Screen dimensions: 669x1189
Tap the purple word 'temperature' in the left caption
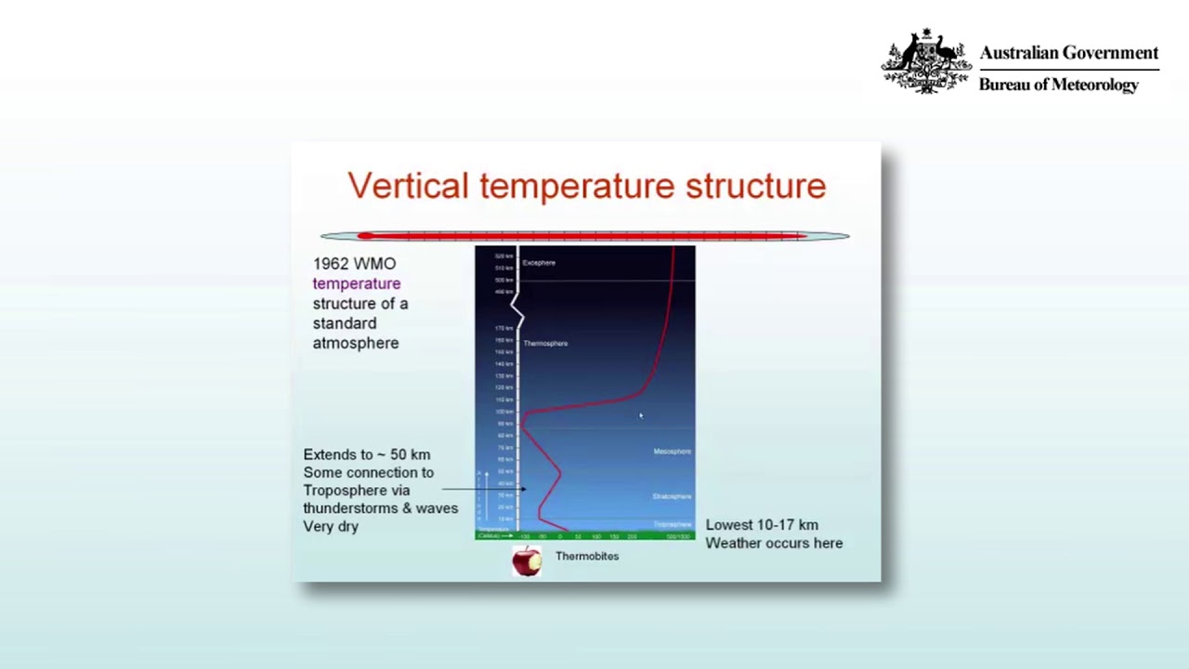(357, 283)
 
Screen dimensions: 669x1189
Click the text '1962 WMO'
(354, 264)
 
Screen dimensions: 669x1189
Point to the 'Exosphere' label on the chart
(539, 263)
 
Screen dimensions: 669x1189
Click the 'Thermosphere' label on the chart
(545, 344)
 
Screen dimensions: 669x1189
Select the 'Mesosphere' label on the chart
(672, 452)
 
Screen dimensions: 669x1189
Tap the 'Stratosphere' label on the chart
(672, 496)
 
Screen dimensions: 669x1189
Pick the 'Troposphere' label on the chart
(672, 525)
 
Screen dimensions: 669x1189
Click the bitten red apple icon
(526, 561)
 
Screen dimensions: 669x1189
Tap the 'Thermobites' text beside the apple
(587, 557)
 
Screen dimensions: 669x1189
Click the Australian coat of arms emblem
(925, 62)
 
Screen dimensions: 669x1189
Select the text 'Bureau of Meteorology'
(1058, 85)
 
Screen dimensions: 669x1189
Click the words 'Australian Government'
(1068, 53)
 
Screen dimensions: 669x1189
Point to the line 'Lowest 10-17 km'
(762, 525)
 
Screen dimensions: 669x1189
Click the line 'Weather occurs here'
(774, 544)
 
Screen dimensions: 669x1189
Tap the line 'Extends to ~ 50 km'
(366, 454)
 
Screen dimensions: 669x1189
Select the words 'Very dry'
(331, 527)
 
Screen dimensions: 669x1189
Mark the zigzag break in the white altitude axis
(517, 308)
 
